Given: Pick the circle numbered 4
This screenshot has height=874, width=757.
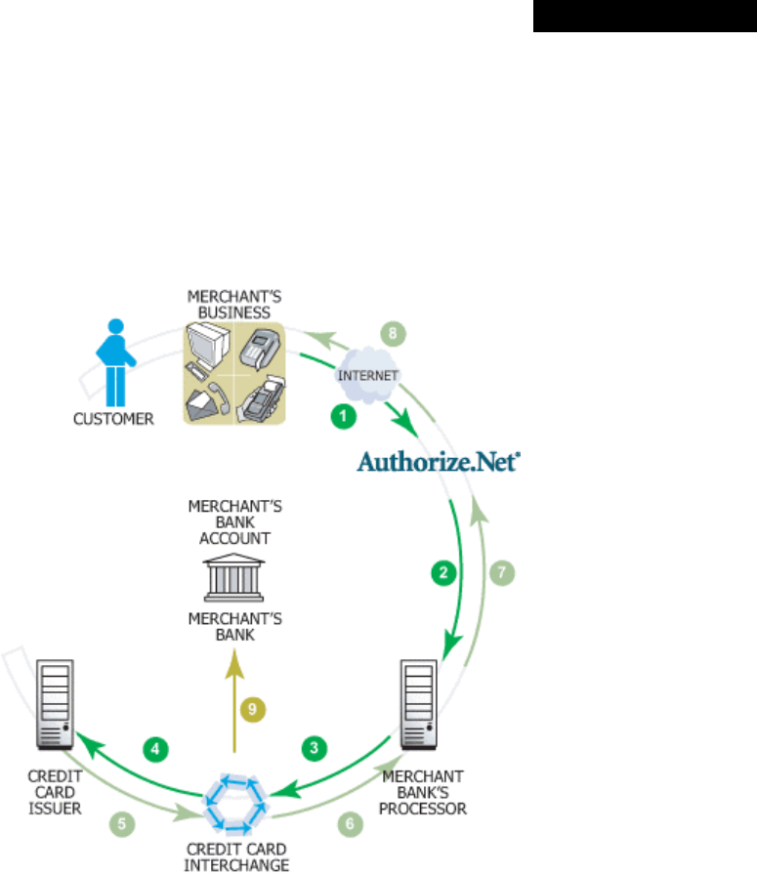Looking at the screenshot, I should tap(155, 750).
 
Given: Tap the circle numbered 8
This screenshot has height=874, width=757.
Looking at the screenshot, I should tap(390, 333).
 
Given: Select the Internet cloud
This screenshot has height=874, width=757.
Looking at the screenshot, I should tap(362, 375).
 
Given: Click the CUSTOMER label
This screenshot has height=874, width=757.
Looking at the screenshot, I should tap(114, 420).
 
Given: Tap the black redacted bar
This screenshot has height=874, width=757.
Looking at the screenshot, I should tap(644, 17).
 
